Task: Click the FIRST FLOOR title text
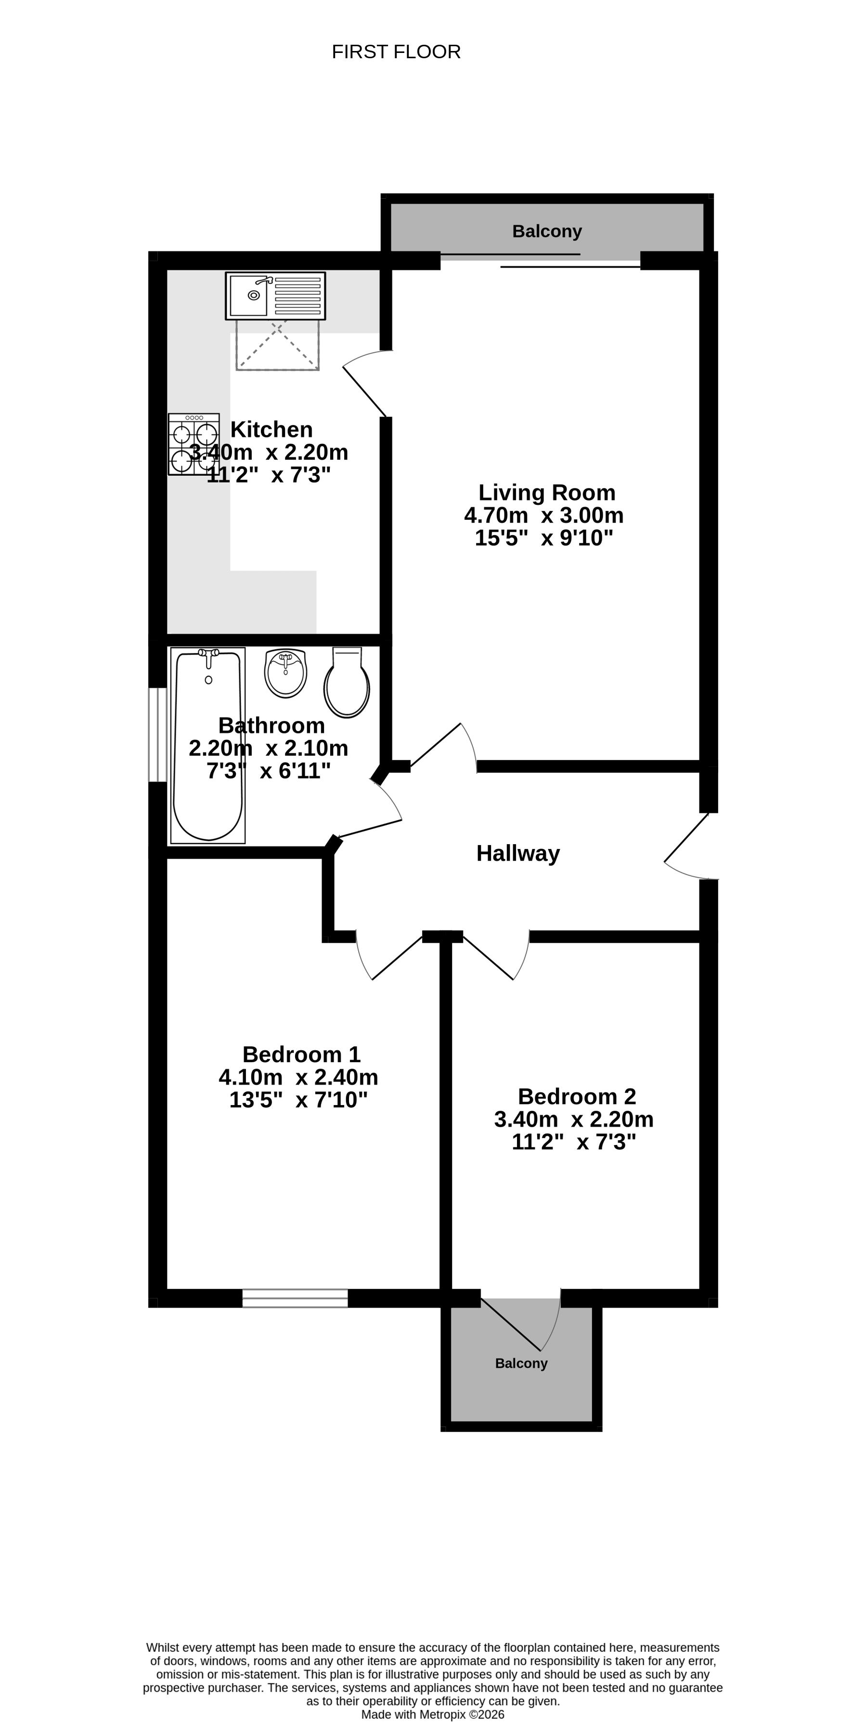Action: tap(396, 52)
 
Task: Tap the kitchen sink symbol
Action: tap(275, 296)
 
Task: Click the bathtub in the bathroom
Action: tap(208, 745)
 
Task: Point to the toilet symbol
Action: tap(347, 682)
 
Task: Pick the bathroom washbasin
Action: tap(285, 673)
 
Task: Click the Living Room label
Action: tap(547, 493)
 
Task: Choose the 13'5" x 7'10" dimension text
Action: tap(299, 1100)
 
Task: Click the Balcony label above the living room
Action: tap(547, 231)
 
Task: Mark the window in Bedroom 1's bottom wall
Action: tap(295, 1298)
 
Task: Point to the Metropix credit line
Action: tap(433, 1715)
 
